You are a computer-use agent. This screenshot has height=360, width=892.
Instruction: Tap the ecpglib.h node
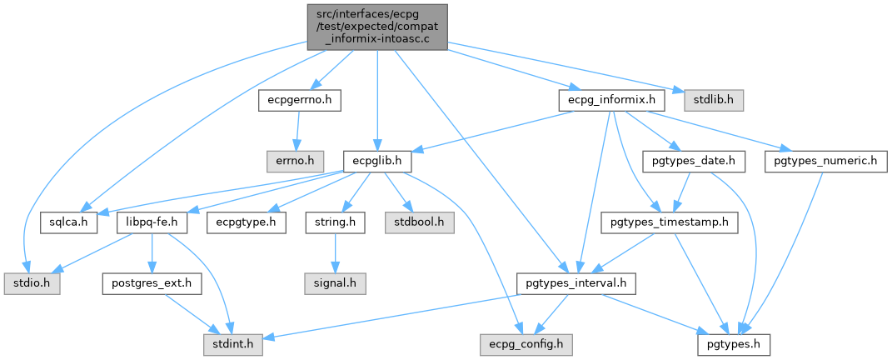[376, 159]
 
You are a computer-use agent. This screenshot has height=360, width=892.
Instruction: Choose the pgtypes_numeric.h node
[825, 159]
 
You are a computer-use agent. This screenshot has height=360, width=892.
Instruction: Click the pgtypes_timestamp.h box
[669, 222]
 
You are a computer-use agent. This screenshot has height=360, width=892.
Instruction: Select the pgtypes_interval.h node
[576, 284]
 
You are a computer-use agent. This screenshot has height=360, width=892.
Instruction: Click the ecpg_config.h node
[526, 342]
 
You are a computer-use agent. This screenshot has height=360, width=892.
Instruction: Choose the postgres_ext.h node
[152, 284]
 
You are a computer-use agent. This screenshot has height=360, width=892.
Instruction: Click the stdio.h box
[27, 284]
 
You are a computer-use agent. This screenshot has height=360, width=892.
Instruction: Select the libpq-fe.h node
[152, 222]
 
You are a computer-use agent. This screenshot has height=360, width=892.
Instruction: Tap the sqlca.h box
[68, 222]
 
